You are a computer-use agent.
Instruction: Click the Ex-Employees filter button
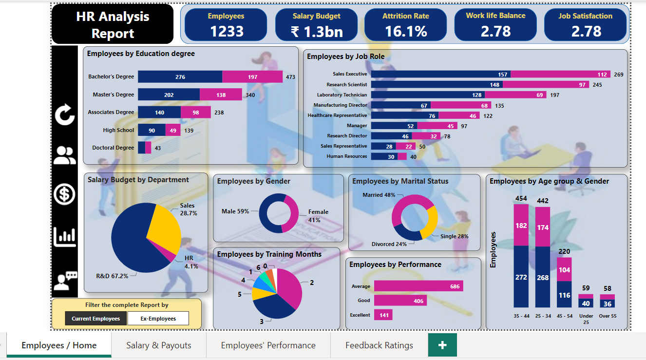point(158,319)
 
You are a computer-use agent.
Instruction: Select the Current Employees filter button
point(96,319)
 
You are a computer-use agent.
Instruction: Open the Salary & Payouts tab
point(159,345)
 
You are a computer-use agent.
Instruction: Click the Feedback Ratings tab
point(379,345)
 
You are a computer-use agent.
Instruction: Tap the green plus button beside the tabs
point(442,345)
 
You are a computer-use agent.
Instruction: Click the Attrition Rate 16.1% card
point(405,25)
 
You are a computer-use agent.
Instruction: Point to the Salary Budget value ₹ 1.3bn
point(317,32)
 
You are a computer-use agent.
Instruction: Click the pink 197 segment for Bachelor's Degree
point(252,77)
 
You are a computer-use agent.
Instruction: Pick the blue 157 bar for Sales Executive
point(440,75)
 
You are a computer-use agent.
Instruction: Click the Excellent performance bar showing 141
point(383,315)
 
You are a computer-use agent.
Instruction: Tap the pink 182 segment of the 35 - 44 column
point(521,225)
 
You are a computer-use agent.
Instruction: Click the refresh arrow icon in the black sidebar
point(65,115)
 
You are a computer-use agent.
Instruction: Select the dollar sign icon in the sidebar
point(65,194)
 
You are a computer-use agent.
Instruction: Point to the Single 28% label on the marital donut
point(454,236)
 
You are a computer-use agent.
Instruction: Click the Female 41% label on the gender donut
point(318,216)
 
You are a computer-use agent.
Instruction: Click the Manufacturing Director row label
point(340,105)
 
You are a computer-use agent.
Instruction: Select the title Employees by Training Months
point(269,254)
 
